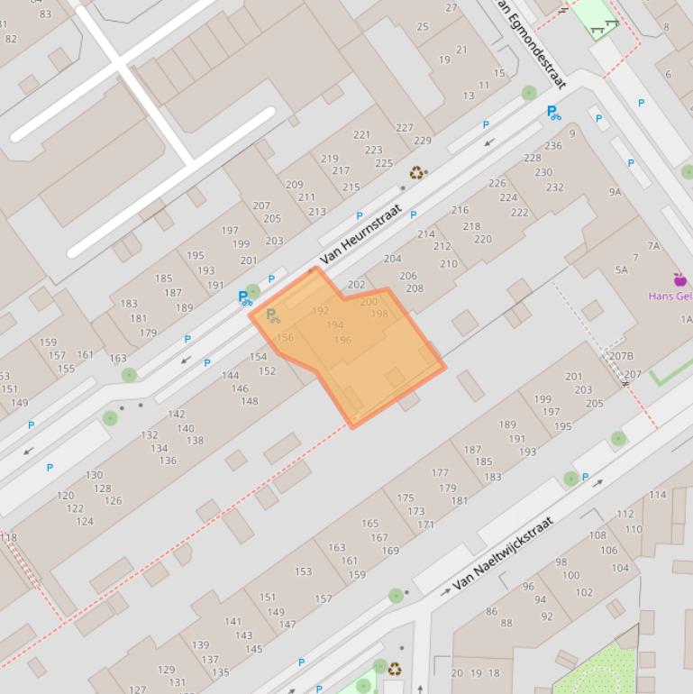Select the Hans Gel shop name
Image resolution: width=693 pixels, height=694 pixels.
(x=670, y=296)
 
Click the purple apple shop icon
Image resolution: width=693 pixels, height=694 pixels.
(x=679, y=279)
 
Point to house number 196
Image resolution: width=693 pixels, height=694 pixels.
(x=342, y=340)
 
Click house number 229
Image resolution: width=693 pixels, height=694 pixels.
(x=423, y=141)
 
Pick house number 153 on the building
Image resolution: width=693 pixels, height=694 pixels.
(x=303, y=571)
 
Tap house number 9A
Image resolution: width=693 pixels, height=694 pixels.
(x=615, y=192)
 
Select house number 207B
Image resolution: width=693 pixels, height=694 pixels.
(x=621, y=356)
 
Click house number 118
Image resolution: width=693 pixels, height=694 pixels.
(x=7, y=537)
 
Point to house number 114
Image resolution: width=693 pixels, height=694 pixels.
(x=658, y=494)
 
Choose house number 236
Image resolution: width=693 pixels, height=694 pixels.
(x=553, y=146)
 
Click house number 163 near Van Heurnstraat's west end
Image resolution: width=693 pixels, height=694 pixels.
(x=118, y=359)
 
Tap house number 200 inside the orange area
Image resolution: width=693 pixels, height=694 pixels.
(x=369, y=302)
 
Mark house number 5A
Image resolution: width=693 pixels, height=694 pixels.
(x=621, y=269)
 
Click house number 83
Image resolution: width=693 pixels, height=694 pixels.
(x=45, y=14)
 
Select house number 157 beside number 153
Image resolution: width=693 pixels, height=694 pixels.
(x=324, y=599)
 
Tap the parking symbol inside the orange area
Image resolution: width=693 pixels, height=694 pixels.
(x=272, y=315)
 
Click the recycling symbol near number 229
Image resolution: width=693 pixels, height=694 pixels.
(x=416, y=172)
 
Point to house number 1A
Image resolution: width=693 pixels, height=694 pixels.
(x=686, y=319)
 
